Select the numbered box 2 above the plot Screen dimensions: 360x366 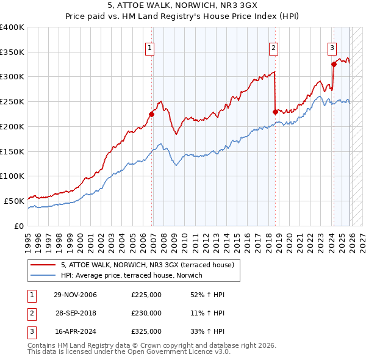click(273, 46)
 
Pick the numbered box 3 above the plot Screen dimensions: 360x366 click(332, 46)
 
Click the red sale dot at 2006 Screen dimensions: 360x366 click(151, 113)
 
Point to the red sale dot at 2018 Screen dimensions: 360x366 click(275, 111)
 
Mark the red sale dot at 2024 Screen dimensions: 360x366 click(334, 64)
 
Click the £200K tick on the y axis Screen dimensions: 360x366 click(12, 126)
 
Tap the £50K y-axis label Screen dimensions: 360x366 click(13, 201)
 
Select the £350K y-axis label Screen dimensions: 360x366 click(12, 52)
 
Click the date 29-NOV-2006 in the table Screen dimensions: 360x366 click(75, 295)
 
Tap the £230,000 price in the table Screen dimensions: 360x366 click(146, 313)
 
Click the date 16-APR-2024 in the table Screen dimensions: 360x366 click(75, 331)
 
